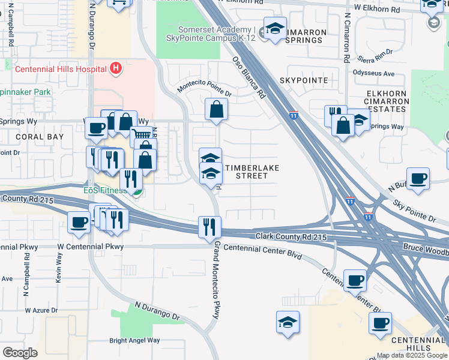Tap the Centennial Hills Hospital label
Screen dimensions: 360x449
(x=61, y=69)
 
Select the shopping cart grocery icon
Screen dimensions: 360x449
(x=140, y=136)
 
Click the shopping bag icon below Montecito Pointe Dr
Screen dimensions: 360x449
(x=216, y=109)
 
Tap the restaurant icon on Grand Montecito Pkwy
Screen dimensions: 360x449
(x=209, y=227)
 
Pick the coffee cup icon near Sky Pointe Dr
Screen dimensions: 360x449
(x=418, y=178)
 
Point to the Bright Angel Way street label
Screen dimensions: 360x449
(x=134, y=340)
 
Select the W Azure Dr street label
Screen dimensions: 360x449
(x=41, y=310)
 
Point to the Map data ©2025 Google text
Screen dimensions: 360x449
(x=411, y=355)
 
